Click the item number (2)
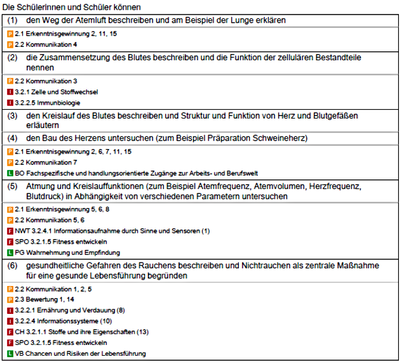pos(13,57)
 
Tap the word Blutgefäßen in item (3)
pos(331,116)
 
